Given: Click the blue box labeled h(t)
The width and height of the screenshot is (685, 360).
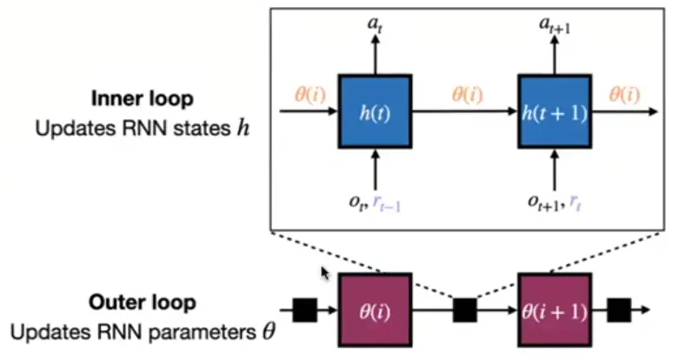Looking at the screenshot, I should tap(376, 111).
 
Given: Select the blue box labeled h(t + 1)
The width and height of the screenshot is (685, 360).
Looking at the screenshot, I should tap(554, 111).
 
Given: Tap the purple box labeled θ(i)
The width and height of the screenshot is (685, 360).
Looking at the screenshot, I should tap(374, 309).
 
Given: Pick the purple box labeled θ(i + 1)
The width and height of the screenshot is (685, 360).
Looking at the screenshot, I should tap(554, 309).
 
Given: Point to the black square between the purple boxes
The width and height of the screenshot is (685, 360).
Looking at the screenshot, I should tap(464, 309).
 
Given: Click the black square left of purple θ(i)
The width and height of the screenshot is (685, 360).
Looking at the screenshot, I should tap(304, 309).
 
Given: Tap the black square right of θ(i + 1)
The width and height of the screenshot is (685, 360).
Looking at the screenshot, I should tap(619, 309).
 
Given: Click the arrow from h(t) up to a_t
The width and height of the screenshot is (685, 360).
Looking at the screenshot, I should tap(376, 57).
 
